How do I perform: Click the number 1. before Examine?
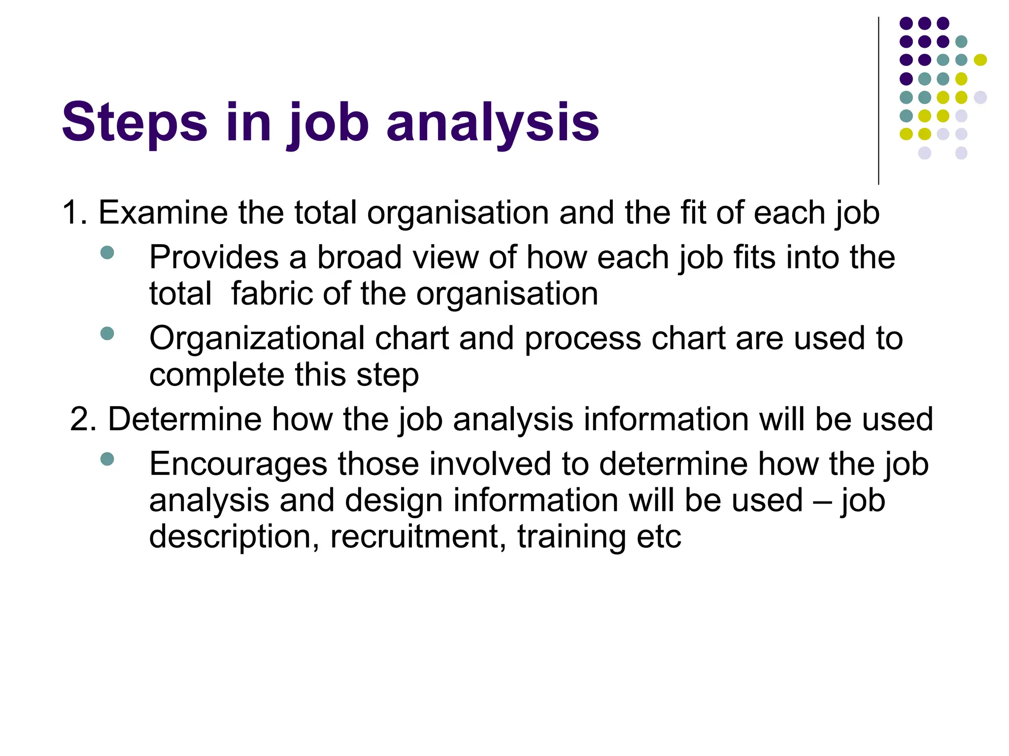(75, 213)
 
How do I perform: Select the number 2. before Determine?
(83, 419)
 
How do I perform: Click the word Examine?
(163, 213)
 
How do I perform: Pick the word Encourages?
(238, 464)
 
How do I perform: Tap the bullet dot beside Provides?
(107, 253)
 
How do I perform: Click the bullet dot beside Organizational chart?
(107, 334)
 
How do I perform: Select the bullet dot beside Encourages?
(107, 459)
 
